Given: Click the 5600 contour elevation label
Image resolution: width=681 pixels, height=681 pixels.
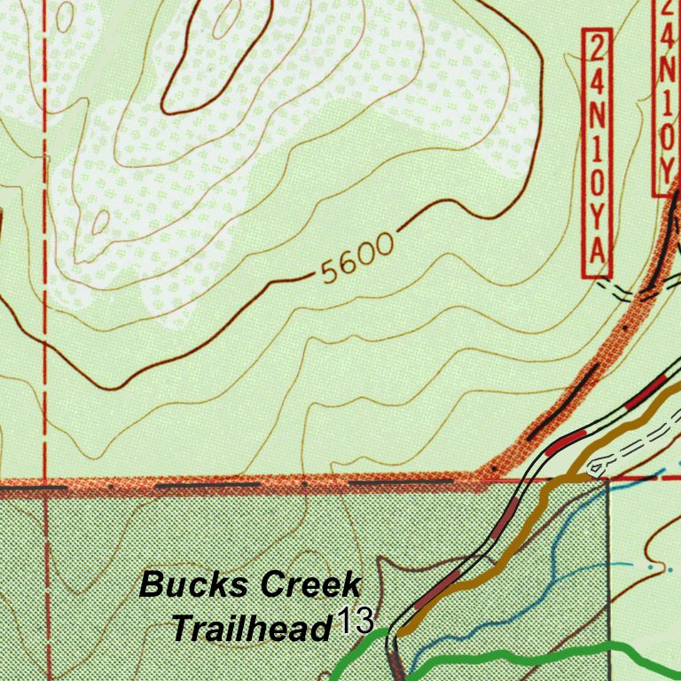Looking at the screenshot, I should (356, 259).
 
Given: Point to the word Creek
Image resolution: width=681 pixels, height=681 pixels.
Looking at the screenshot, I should (312, 585).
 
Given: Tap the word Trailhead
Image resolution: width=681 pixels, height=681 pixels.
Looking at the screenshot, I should (250, 629).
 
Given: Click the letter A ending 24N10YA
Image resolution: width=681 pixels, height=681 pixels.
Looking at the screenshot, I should (599, 254).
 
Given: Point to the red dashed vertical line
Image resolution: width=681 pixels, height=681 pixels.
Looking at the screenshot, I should (43, 266).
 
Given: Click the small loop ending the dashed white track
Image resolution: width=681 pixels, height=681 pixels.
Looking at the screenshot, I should (597, 465).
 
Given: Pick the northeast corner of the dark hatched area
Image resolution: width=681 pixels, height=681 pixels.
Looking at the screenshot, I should (607, 483).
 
